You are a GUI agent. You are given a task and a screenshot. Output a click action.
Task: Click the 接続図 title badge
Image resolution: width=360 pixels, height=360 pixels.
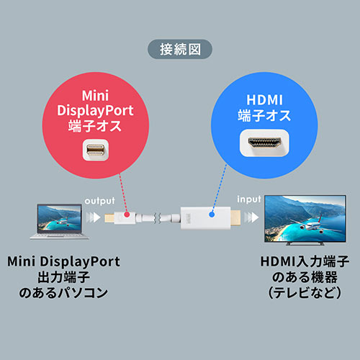tap(179, 50)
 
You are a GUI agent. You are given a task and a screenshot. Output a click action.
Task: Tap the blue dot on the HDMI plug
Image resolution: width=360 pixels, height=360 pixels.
tap(212, 214)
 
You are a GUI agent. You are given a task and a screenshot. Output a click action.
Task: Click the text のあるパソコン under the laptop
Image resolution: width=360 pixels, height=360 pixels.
tap(64, 293)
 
